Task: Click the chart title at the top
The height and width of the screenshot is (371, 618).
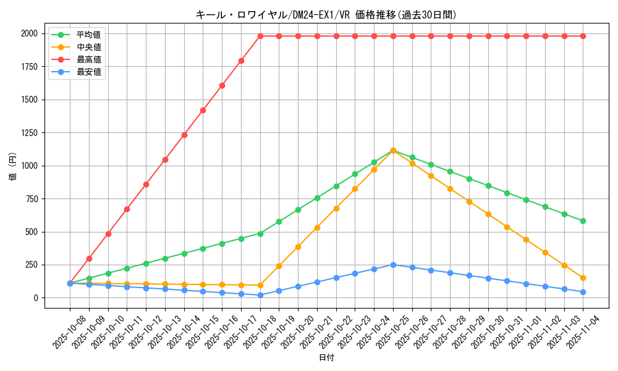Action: coord(326,15)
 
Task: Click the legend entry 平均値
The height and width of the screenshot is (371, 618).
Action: coord(88,35)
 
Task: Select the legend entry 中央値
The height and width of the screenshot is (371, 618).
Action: coord(88,46)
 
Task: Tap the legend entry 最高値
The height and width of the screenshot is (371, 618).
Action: coord(88,59)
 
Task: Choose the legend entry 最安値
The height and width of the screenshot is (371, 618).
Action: coord(88,72)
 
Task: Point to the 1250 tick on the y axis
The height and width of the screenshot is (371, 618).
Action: coord(31,133)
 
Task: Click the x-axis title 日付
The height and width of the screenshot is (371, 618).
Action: coord(326,358)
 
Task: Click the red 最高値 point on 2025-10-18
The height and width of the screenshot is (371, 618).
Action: coord(260,36)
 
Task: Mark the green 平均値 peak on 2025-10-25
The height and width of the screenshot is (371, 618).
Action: coord(393,150)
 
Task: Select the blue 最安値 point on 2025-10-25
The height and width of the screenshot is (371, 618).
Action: coord(393,265)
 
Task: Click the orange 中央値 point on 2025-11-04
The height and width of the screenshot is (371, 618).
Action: coord(583,278)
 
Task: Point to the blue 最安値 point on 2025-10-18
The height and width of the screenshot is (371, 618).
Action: coord(260,295)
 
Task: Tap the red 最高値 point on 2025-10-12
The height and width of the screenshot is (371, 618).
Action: coord(146,184)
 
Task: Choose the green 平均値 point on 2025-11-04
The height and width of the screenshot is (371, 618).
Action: coord(583,221)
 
